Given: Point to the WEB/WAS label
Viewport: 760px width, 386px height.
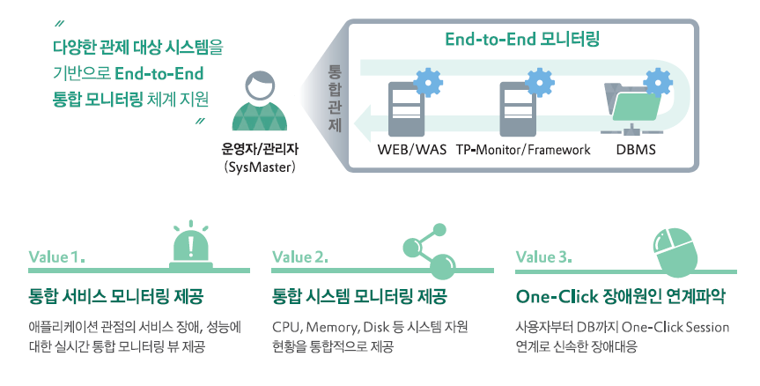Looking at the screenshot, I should point(412,150).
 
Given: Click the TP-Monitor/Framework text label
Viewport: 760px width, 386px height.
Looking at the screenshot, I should point(523,150).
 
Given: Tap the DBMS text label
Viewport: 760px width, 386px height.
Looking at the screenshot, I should point(636,150).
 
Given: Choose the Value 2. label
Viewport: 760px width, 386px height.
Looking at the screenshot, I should point(300,258).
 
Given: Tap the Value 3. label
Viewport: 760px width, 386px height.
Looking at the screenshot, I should point(544,258).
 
